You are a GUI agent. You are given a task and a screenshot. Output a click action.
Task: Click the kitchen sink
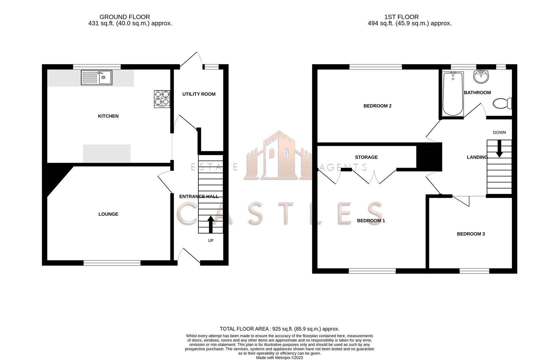pyautogui.click(x=97, y=77)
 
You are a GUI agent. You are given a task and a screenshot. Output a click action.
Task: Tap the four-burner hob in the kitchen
pyautogui.click(x=162, y=99)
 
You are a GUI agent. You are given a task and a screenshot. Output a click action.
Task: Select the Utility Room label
pyautogui.click(x=199, y=94)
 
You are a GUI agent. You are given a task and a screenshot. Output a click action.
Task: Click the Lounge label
pyautogui.click(x=108, y=214)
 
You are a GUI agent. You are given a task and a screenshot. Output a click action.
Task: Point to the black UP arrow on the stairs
pyautogui.click(x=211, y=224)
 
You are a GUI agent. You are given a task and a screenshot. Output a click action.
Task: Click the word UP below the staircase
pyautogui.click(x=211, y=240)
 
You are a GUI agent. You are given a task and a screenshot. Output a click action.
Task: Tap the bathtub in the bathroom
pyautogui.click(x=453, y=94)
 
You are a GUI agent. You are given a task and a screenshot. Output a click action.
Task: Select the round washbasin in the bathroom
pyautogui.click(x=481, y=77)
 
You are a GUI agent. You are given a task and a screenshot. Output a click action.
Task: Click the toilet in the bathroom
pyautogui.click(x=502, y=103)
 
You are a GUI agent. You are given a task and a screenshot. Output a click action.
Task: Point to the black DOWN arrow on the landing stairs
pyautogui.click(x=499, y=149)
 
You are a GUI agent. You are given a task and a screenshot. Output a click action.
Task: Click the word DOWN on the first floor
pyautogui.click(x=499, y=132)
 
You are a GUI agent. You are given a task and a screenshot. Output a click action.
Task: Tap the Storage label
pyautogui.click(x=366, y=157)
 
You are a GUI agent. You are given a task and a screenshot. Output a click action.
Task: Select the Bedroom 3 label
pyautogui.click(x=471, y=234)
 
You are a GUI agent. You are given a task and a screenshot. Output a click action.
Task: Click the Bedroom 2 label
pyautogui.click(x=378, y=106)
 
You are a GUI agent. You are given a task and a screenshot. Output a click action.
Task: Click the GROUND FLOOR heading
pyautogui.click(x=125, y=17)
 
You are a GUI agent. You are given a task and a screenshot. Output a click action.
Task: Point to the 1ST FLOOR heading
pyautogui.click(x=402, y=17)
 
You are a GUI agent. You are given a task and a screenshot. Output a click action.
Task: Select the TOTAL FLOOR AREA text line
pyautogui.click(x=279, y=329)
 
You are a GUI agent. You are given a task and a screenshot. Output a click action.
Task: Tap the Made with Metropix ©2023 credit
pyautogui.click(x=279, y=358)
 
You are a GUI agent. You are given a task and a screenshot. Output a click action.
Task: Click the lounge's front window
pyautogui.click(x=112, y=263)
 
